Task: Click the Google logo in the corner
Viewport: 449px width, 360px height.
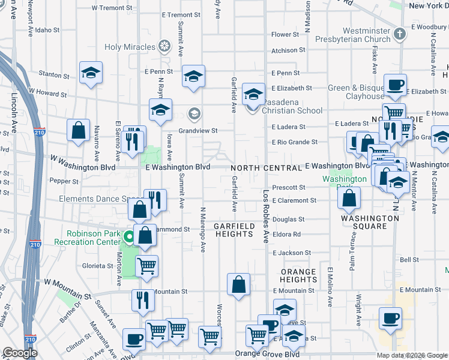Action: click(x=20, y=353)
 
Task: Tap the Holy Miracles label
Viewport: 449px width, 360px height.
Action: click(x=129, y=47)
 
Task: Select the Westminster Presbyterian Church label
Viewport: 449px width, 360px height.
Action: click(x=358, y=35)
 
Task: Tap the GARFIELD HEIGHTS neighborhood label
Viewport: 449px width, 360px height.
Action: click(x=234, y=230)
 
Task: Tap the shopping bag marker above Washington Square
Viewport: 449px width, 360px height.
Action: click(x=350, y=197)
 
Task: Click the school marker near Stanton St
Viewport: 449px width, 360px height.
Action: click(x=91, y=72)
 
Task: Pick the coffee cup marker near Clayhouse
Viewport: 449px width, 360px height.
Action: click(x=395, y=85)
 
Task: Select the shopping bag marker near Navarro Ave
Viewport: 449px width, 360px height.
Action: click(x=78, y=129)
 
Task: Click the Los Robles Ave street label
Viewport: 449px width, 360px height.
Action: click(x=266, y=208)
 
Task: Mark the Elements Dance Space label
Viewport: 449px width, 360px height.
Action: click(x=99, y=199)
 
